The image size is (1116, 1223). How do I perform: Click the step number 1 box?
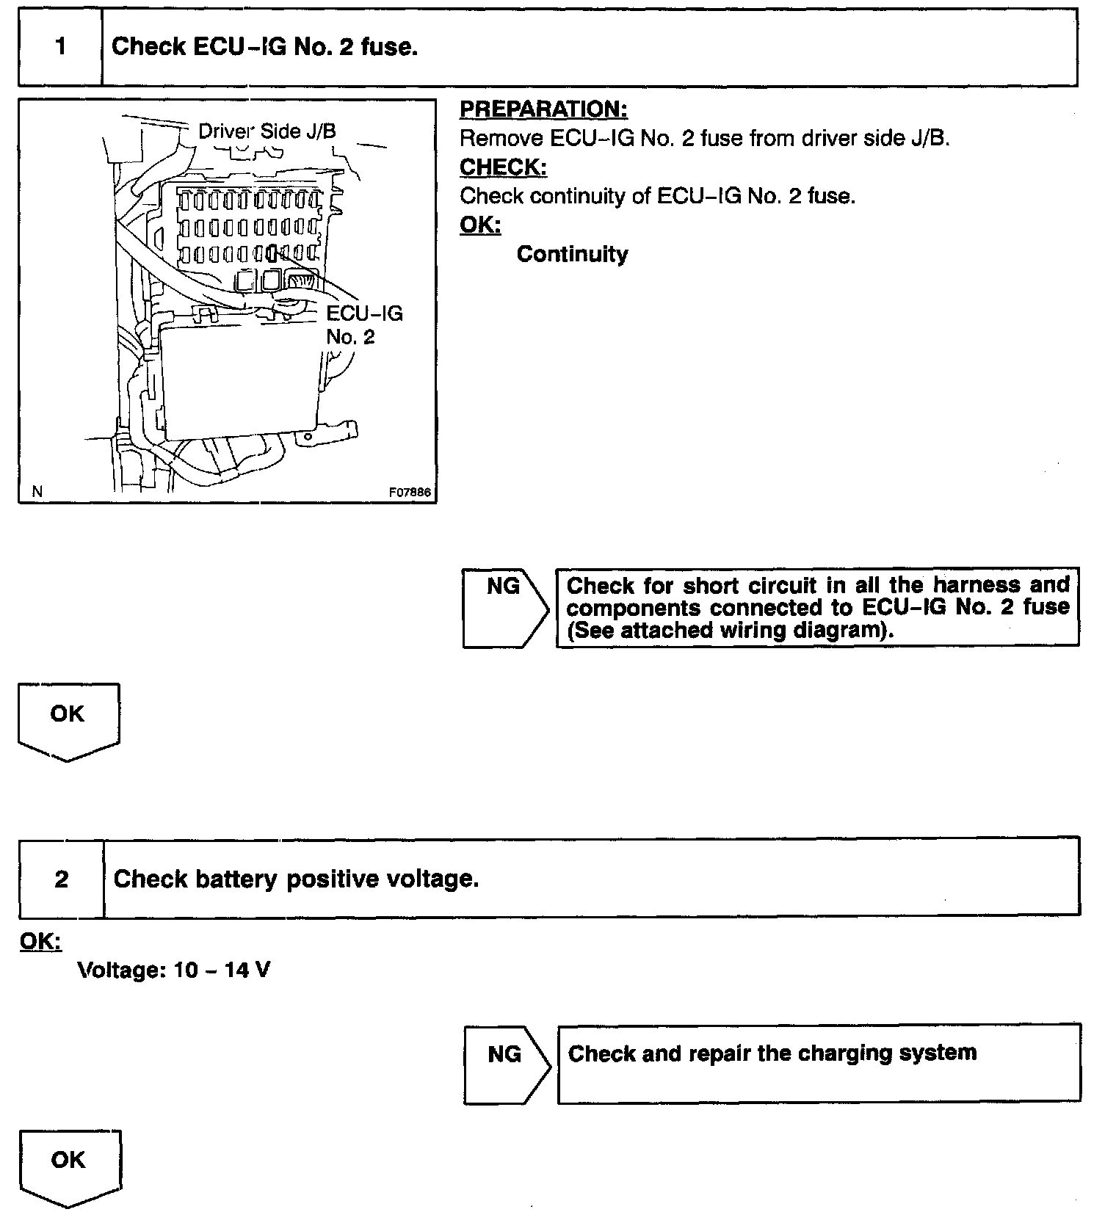pos(60,47)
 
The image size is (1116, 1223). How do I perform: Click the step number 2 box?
pos(62,879)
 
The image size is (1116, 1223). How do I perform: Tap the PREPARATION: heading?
pos(543,109)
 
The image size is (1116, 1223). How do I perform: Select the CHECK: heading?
pos(503,167)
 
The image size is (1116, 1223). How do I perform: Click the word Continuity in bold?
pos(572,254)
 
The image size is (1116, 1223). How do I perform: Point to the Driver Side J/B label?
pos(267,131)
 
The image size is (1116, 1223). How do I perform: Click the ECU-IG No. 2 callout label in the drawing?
pos(364,325)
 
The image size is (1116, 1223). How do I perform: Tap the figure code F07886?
pos(410,493)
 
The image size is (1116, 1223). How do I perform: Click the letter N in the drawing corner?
pos(37,492)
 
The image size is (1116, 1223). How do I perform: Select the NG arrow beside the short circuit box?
pos(504,607)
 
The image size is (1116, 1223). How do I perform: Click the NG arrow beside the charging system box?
pos(505,1064)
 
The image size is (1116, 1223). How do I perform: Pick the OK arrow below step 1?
pos(68,720)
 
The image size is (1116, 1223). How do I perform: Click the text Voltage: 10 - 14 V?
pos(174,970)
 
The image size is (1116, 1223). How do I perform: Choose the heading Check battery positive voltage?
pos(296,879)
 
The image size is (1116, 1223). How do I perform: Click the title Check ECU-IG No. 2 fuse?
pos(264,47)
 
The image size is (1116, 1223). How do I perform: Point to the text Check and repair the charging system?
pos(772,1053)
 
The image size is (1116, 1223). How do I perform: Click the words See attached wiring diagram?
pos(731,631)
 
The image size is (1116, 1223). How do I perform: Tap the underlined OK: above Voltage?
pos(40,941)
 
